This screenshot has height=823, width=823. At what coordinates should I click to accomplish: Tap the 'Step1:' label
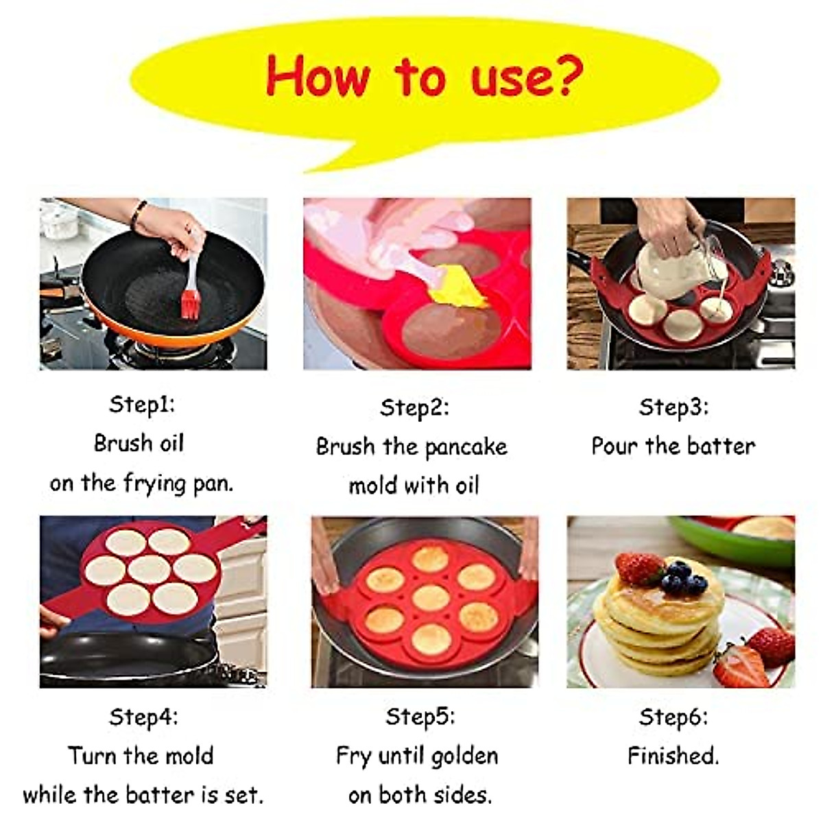[x=142, y=404]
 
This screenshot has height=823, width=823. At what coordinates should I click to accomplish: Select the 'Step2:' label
[x=414, y=407]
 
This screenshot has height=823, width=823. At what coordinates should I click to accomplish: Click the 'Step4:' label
[x=143, y=717]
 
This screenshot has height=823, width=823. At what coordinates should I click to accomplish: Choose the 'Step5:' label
[x=420, y=717]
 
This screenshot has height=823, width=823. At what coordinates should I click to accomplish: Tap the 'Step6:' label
[x=673, y=717]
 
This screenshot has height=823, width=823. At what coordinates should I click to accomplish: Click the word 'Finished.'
[x=673, y=756]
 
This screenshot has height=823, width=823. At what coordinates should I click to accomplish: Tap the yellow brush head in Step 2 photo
[x=459, y=288]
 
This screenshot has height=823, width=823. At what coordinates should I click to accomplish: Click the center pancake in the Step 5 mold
[x=431, y=597]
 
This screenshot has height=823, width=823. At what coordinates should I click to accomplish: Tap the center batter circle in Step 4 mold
[x=149, y=569]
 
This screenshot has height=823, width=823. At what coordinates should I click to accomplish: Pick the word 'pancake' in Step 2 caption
[x=466, y=447]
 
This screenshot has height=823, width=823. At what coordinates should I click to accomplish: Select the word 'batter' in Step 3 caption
[x=720, y=446]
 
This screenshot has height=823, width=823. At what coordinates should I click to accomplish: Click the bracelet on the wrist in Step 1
[x=139, y=214]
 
